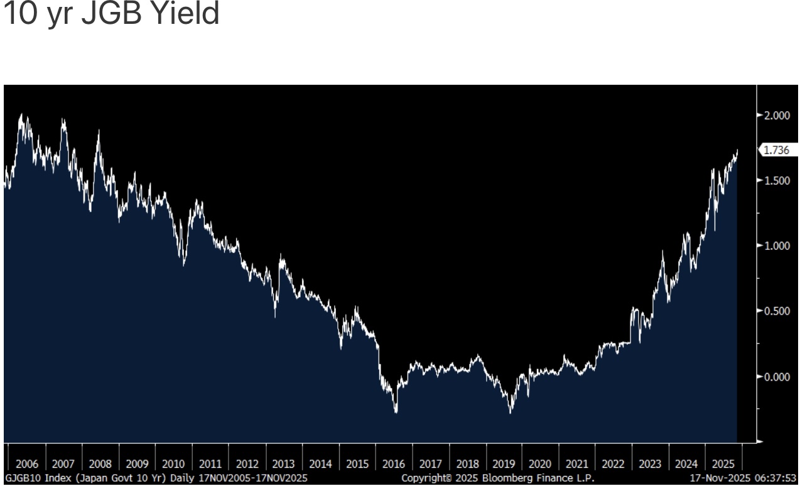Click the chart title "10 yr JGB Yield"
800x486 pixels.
pyautogui.click(x=112, y=14)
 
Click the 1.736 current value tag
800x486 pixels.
pyautogui.click(x=776, y=150)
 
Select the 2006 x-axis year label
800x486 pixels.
pyautogui.click(x=26, y=465)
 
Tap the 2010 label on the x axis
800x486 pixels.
pyautogui.click(x=173, y=465)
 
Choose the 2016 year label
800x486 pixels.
pyautogui.click(x=394, y=465)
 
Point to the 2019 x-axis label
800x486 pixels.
pyautogui.click(x=504, y=465)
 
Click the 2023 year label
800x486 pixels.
pyautogui.click(x=650, y=465)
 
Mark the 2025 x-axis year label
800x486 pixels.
pyautogui.click(x=723, y=465)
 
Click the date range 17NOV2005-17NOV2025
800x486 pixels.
pyautogui.click(x=254, y=478)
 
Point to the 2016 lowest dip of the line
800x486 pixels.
pyautogui.click(x=396, y=412)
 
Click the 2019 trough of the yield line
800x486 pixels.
pyautogui.click(x=510, y=412)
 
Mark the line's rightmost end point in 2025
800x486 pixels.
pyautogui.click(x=737, y=151)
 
